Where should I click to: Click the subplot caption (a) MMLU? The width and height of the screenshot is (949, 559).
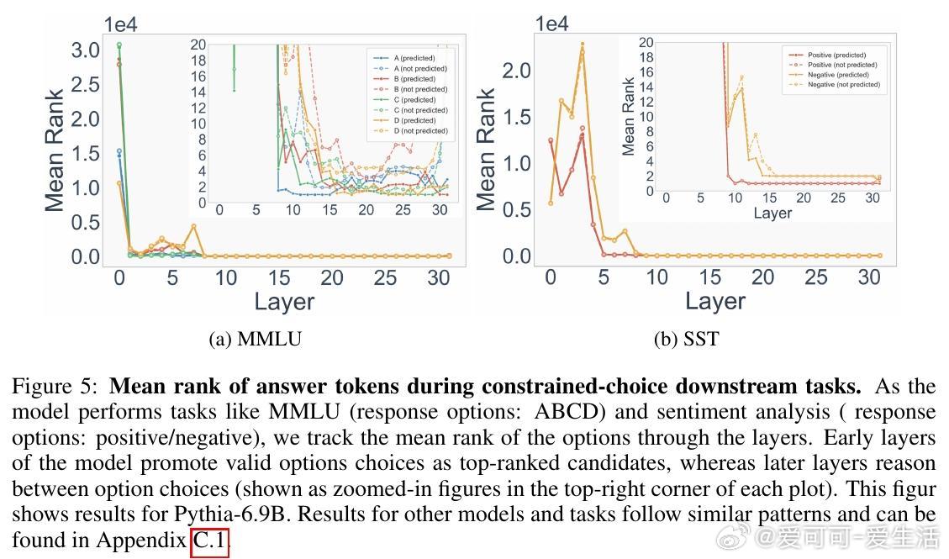coord(255,340)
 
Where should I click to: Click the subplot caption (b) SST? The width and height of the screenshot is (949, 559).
coord(686,340)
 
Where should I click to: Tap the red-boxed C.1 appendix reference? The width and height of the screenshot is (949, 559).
coord(209,541)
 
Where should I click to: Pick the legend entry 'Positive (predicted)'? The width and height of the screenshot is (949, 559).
coord(836,55)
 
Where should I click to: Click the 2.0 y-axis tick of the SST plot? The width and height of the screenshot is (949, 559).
coord(516,71)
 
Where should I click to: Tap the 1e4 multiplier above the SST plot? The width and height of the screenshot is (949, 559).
coord(551,24)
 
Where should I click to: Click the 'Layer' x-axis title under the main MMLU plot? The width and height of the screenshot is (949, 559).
coord(284,302)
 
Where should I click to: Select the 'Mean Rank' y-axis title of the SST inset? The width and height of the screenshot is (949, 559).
coord(629,117)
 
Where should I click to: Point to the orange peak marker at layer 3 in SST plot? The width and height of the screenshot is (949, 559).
coord(582,45)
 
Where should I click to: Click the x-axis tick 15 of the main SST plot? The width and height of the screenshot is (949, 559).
coord(709,277)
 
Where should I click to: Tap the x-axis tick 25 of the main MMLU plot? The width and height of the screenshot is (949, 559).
coord(386,277)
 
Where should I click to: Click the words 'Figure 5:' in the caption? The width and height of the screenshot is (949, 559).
coord(55,388)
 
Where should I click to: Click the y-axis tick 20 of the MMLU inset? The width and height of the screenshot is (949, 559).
coord(198,45)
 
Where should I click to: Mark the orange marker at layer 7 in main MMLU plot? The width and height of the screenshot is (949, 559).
coord(193,226)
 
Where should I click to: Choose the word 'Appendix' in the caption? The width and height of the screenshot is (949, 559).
coord(140,541)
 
